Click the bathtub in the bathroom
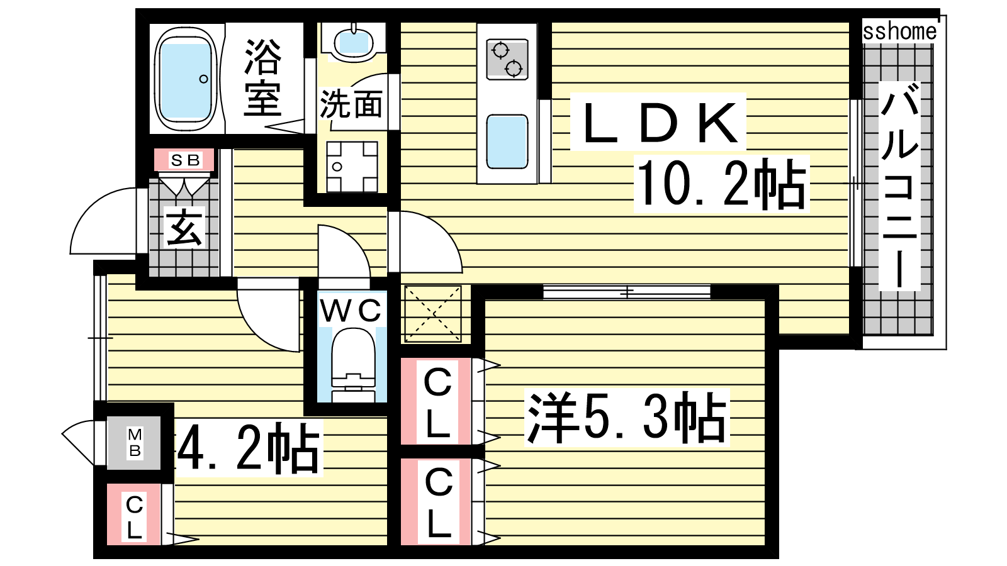[186, 79]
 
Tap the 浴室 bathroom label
[263, 77]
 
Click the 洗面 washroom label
[351, 105]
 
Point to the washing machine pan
[352, 167]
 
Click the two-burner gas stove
[507, 59]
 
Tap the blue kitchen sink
[507, 141]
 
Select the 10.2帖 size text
[721, 184]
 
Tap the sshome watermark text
[899, 31]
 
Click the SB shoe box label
[185, 160]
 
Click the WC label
[351, 310]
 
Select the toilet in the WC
[353, 365]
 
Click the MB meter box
[133, 443]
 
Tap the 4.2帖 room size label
[249, 449]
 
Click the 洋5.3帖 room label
[627, 418]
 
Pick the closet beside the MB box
[133, 514]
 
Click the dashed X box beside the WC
[433, 314]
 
